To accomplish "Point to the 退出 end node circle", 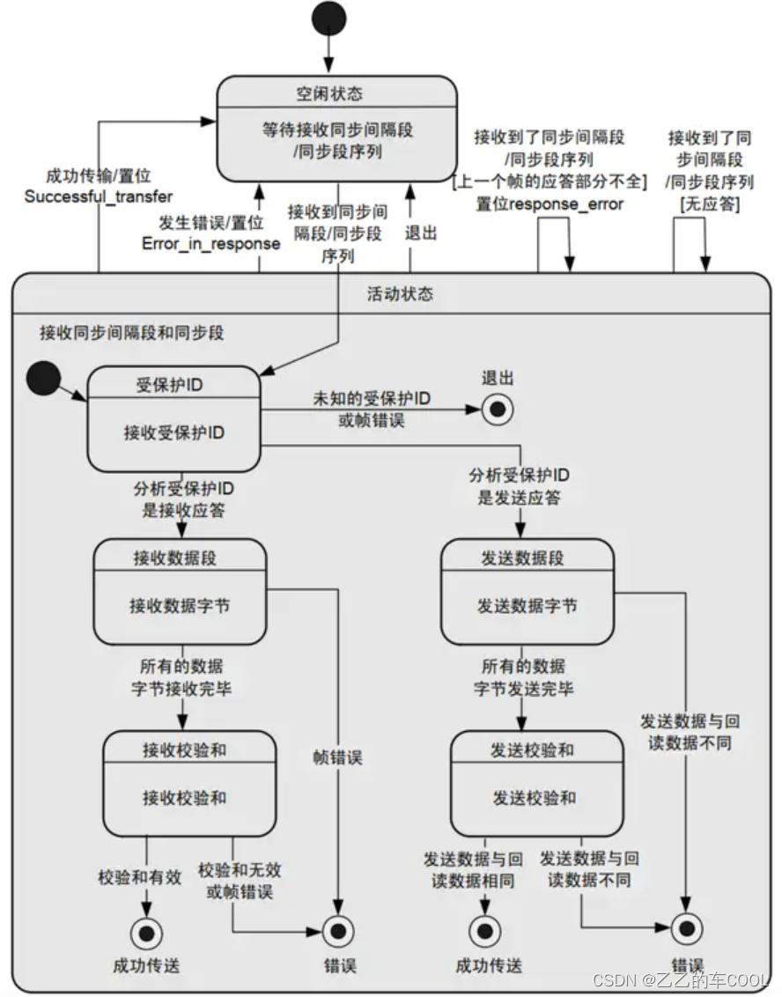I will [x=497, y=409].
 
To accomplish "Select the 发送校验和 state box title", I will [x=532, y=750].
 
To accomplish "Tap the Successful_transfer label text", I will [x=98, y=196].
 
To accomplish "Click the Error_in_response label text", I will [x=210, y=243].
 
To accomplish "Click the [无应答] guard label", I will [x=709, y=204].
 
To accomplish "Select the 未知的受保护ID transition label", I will [x=372, y=398].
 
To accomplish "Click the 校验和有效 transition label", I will [x=140, y=876].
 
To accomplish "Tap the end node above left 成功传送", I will [x=145, y=930].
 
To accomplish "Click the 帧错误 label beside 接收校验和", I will [x=337, y=756].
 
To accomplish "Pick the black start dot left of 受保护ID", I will [x=42, y=378].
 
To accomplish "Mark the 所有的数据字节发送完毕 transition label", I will [x=523, y=676].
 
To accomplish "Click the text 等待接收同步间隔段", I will [x=337, y=129].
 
